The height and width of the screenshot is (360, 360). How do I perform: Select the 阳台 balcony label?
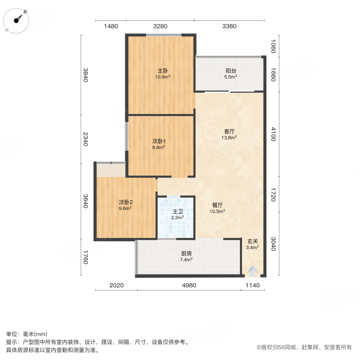(x=230, y=71)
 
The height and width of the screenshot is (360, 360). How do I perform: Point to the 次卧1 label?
(x=159, y=141)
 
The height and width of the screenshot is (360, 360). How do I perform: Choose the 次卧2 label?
(x=125, y=202)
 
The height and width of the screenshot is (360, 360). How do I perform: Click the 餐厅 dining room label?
(x=218, y=206)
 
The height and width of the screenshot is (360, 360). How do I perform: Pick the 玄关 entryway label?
(x=252, y=241)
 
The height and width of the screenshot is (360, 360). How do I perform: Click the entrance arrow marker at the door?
(x=253, y=272)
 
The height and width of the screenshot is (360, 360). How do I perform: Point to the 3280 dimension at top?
(x=160, y=26)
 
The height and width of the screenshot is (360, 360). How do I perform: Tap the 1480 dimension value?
(x=111, y=26)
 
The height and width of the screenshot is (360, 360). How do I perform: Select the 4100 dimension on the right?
(x=273, y=134)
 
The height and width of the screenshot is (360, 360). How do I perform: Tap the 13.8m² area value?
(x=229, y=137)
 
